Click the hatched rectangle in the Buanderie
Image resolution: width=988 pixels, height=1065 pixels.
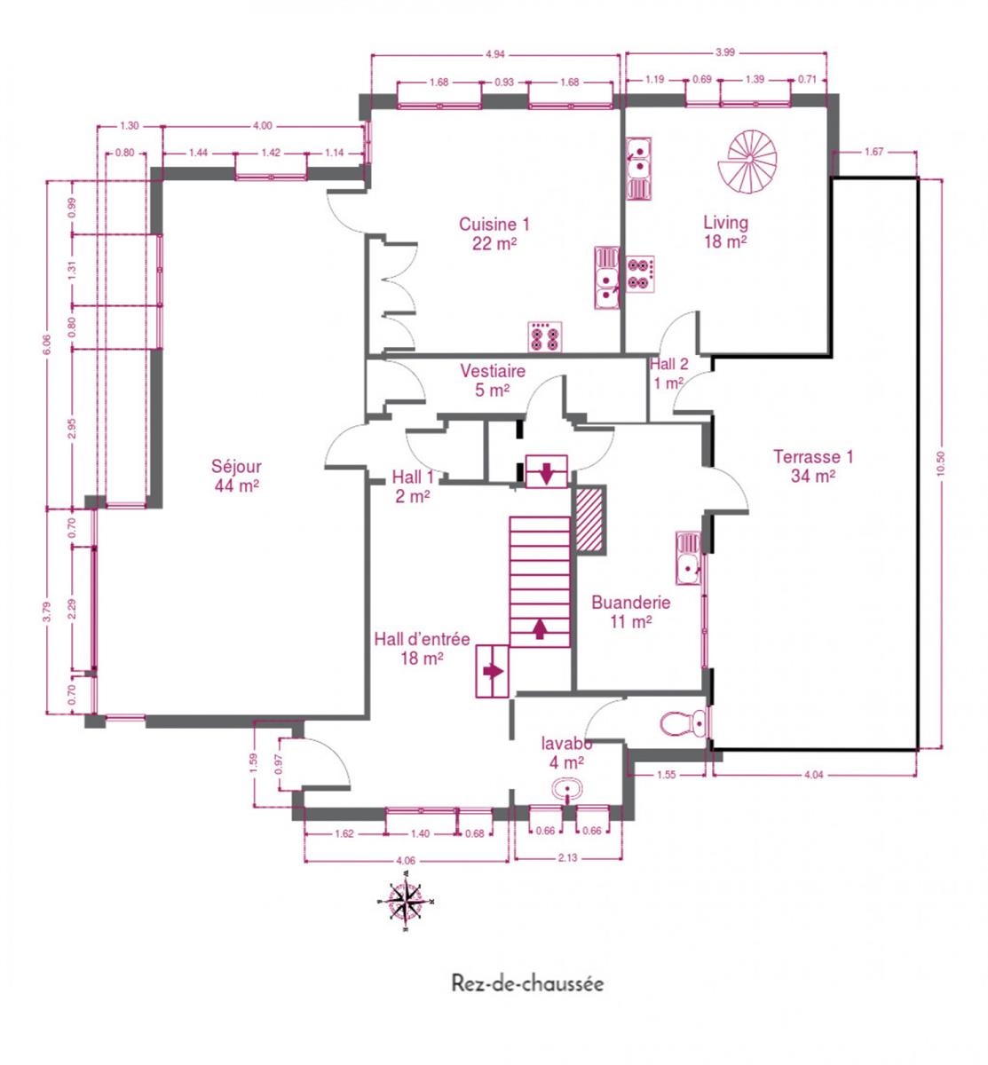pyautogui.click(x=589, y=518)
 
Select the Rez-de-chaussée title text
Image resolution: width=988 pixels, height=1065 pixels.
pyautogui.click(x=527, y=983)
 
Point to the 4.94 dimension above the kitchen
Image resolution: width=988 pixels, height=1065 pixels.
pyautogui.click(x=495, y=55)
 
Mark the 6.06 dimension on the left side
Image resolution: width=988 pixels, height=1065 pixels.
pyautogui.click(x=47, y=344)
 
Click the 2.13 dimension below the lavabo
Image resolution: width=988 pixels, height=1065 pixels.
pyautogui.click(x=567, y=857)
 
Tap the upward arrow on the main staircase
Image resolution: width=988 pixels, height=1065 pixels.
pyautogui.click(x=540, y=628)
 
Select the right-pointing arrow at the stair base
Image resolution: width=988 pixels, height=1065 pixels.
pyautogui.click(x=493, y=671)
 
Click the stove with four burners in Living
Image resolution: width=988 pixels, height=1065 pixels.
pyautogui.click(x=640, y=274)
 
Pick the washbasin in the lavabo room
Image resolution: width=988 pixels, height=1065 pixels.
pyautogui.click(x=567, y=789)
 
